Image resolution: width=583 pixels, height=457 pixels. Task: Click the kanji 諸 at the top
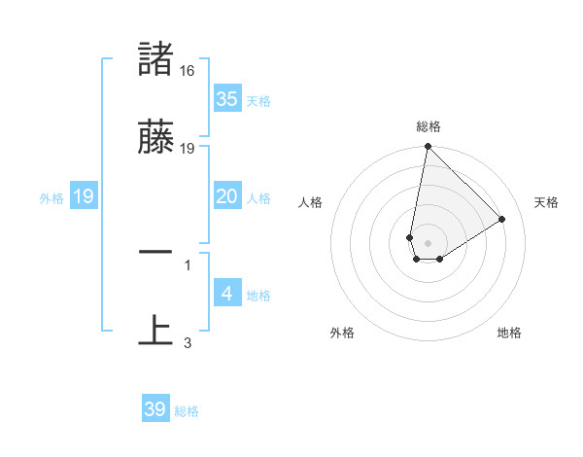point(155,59)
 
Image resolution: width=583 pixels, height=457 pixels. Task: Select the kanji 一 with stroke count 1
point(155,252)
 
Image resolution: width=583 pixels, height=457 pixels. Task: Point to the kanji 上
point(155,330)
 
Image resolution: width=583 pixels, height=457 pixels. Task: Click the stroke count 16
point(189,71)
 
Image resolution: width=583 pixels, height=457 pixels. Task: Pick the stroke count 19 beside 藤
point(189,149)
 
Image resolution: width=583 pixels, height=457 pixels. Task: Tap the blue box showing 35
point(226,99)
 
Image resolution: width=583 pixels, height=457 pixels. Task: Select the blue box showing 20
point(226,196)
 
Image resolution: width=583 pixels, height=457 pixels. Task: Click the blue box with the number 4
point(226,294)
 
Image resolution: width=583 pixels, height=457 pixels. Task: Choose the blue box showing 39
point(155,409)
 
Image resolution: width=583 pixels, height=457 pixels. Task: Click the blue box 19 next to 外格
point(84,196)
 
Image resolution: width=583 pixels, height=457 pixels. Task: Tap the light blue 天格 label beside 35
point(258,101)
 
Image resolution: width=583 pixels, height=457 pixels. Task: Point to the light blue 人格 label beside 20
point(258,198)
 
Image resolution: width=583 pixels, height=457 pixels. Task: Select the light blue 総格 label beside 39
point(187,411)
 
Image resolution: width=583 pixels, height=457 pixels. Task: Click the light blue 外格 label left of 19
point(51,198)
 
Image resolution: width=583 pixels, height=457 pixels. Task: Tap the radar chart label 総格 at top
point(429,126)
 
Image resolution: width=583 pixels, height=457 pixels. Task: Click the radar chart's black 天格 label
point(546,202)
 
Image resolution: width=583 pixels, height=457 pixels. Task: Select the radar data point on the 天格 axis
point(502,219)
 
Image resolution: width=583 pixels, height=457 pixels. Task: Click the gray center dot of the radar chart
point(429,242)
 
